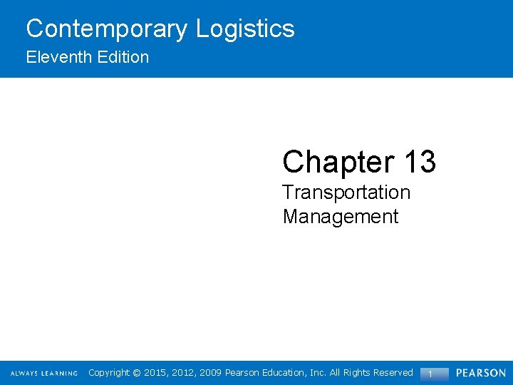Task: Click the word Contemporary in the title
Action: pos(108,29)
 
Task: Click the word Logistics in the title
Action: pos(245,29)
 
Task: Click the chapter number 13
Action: pos(420,162)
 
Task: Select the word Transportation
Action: pos(346,192)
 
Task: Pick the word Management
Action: pos(341,216)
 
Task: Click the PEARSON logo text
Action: pos(481,373)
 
